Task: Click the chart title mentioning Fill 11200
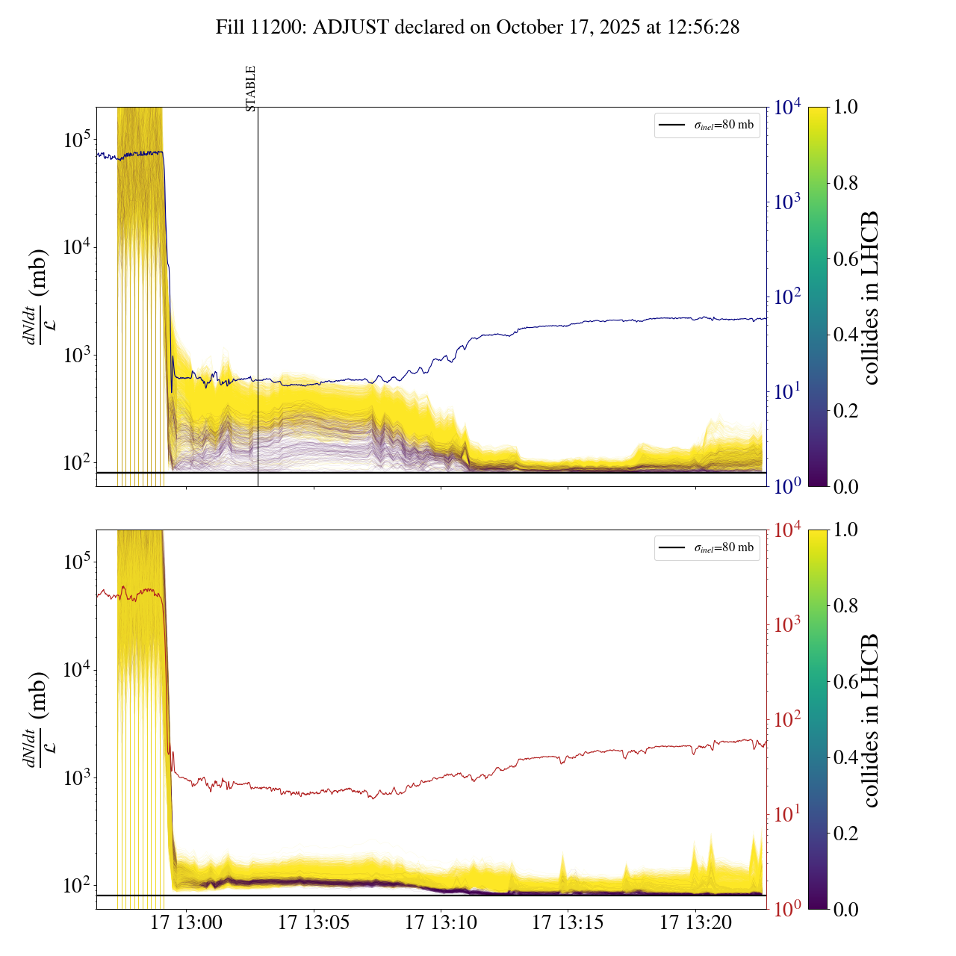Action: [x=477, y=28]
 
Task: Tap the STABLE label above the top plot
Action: [x=251, y=88]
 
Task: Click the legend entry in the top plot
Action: [x=707, y=125]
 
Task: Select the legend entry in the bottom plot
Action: [x=707, y=547]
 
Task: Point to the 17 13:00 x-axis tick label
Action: [x=186, y=923]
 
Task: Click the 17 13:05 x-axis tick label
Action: [x=314, y=923]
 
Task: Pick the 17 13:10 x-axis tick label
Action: [x=441, y=923]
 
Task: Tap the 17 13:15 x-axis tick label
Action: [x=568, y=923]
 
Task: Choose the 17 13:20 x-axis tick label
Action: [x=695, y=923]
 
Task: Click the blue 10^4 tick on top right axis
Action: [x=788, y=108]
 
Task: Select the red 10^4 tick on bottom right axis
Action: [x=788, y=530]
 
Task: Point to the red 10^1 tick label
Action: [x=788, y=813]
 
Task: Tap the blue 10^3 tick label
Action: [x=788, y=202]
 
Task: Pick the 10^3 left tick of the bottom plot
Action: [x=77, y=777]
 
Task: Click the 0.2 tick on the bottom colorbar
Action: [x=845, y=833]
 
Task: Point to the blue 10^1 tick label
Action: [x=788, y=391]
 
